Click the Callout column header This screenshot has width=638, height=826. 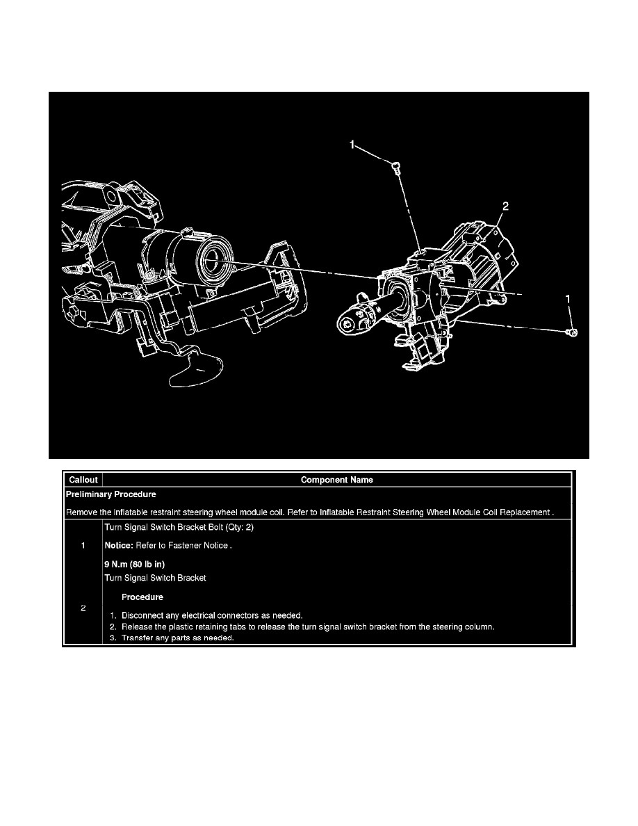(83, 480)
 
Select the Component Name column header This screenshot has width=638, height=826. (337, 480)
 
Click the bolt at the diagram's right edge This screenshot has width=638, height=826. (571, 334)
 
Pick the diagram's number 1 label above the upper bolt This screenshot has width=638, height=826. (352, 145)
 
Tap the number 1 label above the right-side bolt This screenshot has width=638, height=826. (569, 298)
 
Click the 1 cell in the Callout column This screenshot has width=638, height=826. (83, 546)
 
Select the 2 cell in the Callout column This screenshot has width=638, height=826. (83, 608)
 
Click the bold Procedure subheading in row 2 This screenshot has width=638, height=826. (142, 597)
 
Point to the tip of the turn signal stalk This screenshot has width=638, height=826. (349, 321)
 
